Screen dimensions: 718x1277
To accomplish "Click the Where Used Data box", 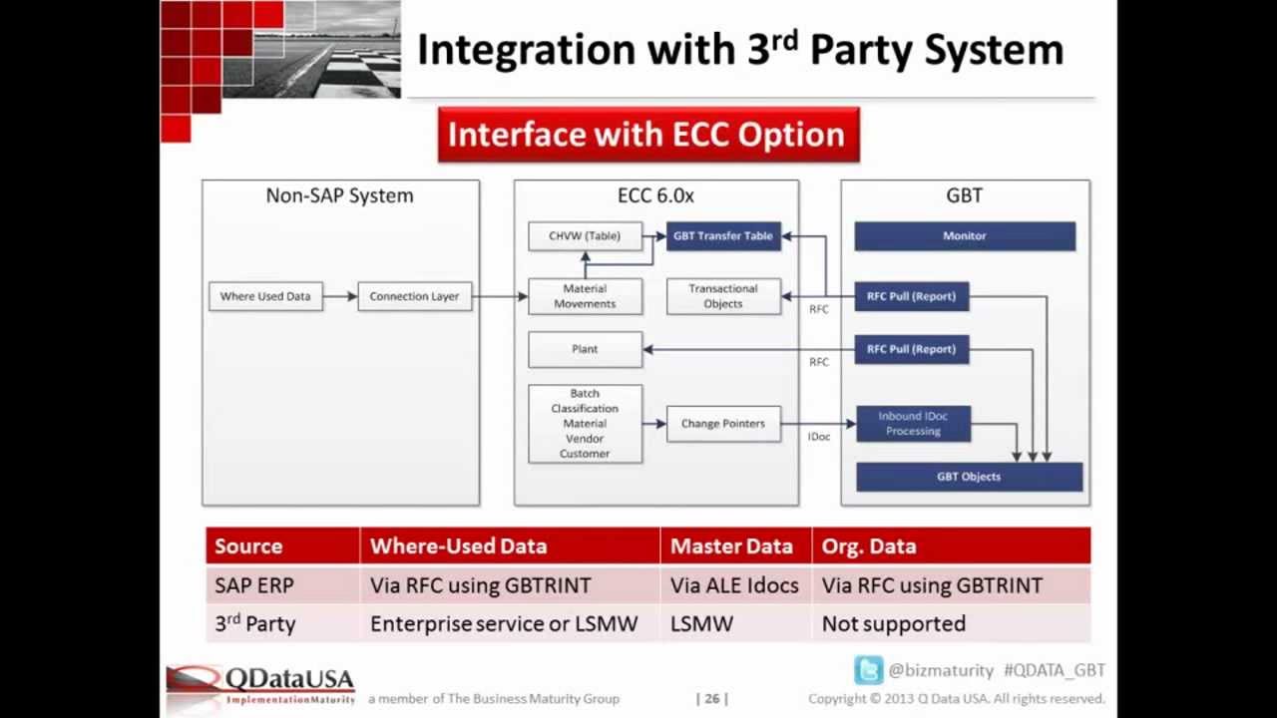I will click(x=265, y=296).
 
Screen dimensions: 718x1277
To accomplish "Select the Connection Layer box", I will click(x=414, y=296).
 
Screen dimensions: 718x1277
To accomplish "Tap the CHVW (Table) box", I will click(x=585, y=236).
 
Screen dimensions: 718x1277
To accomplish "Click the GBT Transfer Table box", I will click(x=723, y=236).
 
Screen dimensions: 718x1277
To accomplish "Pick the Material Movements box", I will click(x=585, y=297).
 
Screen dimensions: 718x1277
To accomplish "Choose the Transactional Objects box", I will click(x=723, y=296).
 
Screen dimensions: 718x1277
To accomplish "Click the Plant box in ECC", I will click(x=585, y=349).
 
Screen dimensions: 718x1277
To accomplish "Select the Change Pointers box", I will click(x=723, y=424).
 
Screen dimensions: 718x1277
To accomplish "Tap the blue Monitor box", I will click(x=965, y=236).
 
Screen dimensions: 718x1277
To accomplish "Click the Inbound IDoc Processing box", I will click(x=913, y=424).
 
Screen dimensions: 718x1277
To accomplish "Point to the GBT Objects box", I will click(x=969, y=477).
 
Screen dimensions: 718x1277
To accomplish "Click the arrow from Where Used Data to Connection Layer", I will click(x=340, y=296).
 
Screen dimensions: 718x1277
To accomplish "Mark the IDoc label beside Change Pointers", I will click(x=819, y=437).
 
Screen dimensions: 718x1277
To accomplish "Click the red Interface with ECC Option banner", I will click(x=647, y=135).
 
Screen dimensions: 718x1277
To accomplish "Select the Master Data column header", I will click(x=731, y=546).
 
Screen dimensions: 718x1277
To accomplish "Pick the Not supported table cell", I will click(x=894, y=624).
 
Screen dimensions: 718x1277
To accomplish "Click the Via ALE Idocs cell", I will click(x=734, y=585).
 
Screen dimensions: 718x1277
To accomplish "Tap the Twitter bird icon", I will click(x=868, y=670).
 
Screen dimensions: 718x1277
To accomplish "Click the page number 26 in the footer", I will click(x=712, y=699).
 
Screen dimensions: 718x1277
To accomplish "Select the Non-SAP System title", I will click(x=339, y=195).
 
